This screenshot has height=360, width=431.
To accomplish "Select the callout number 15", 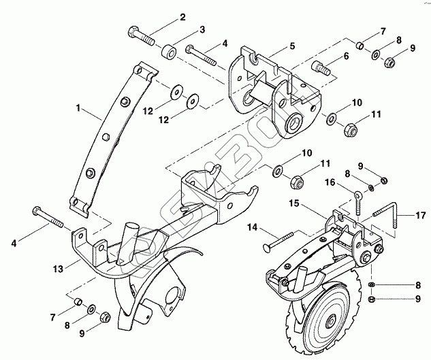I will point(294,202).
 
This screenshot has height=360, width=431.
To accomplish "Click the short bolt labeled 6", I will point(321,68).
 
